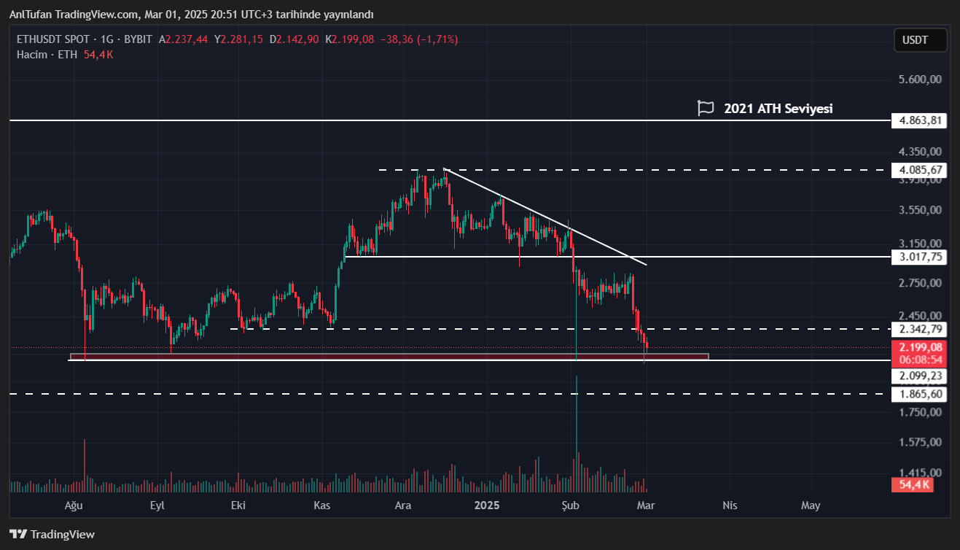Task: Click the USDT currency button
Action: coord(920,40)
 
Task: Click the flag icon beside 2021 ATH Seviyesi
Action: coord(705,109)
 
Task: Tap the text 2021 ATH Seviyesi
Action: coord(778,109)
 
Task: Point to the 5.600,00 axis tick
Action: coord(921,80)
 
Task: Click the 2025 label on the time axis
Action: coord(486,505)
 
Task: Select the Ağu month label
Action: coord(74,505)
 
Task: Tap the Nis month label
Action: coord(729,505)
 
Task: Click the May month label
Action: coord(811,505)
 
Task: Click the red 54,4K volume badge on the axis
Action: coord(912,484)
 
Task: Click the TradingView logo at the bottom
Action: coord(52,534)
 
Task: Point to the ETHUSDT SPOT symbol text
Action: coord(53,39)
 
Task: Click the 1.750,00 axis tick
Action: coord(921,412)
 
